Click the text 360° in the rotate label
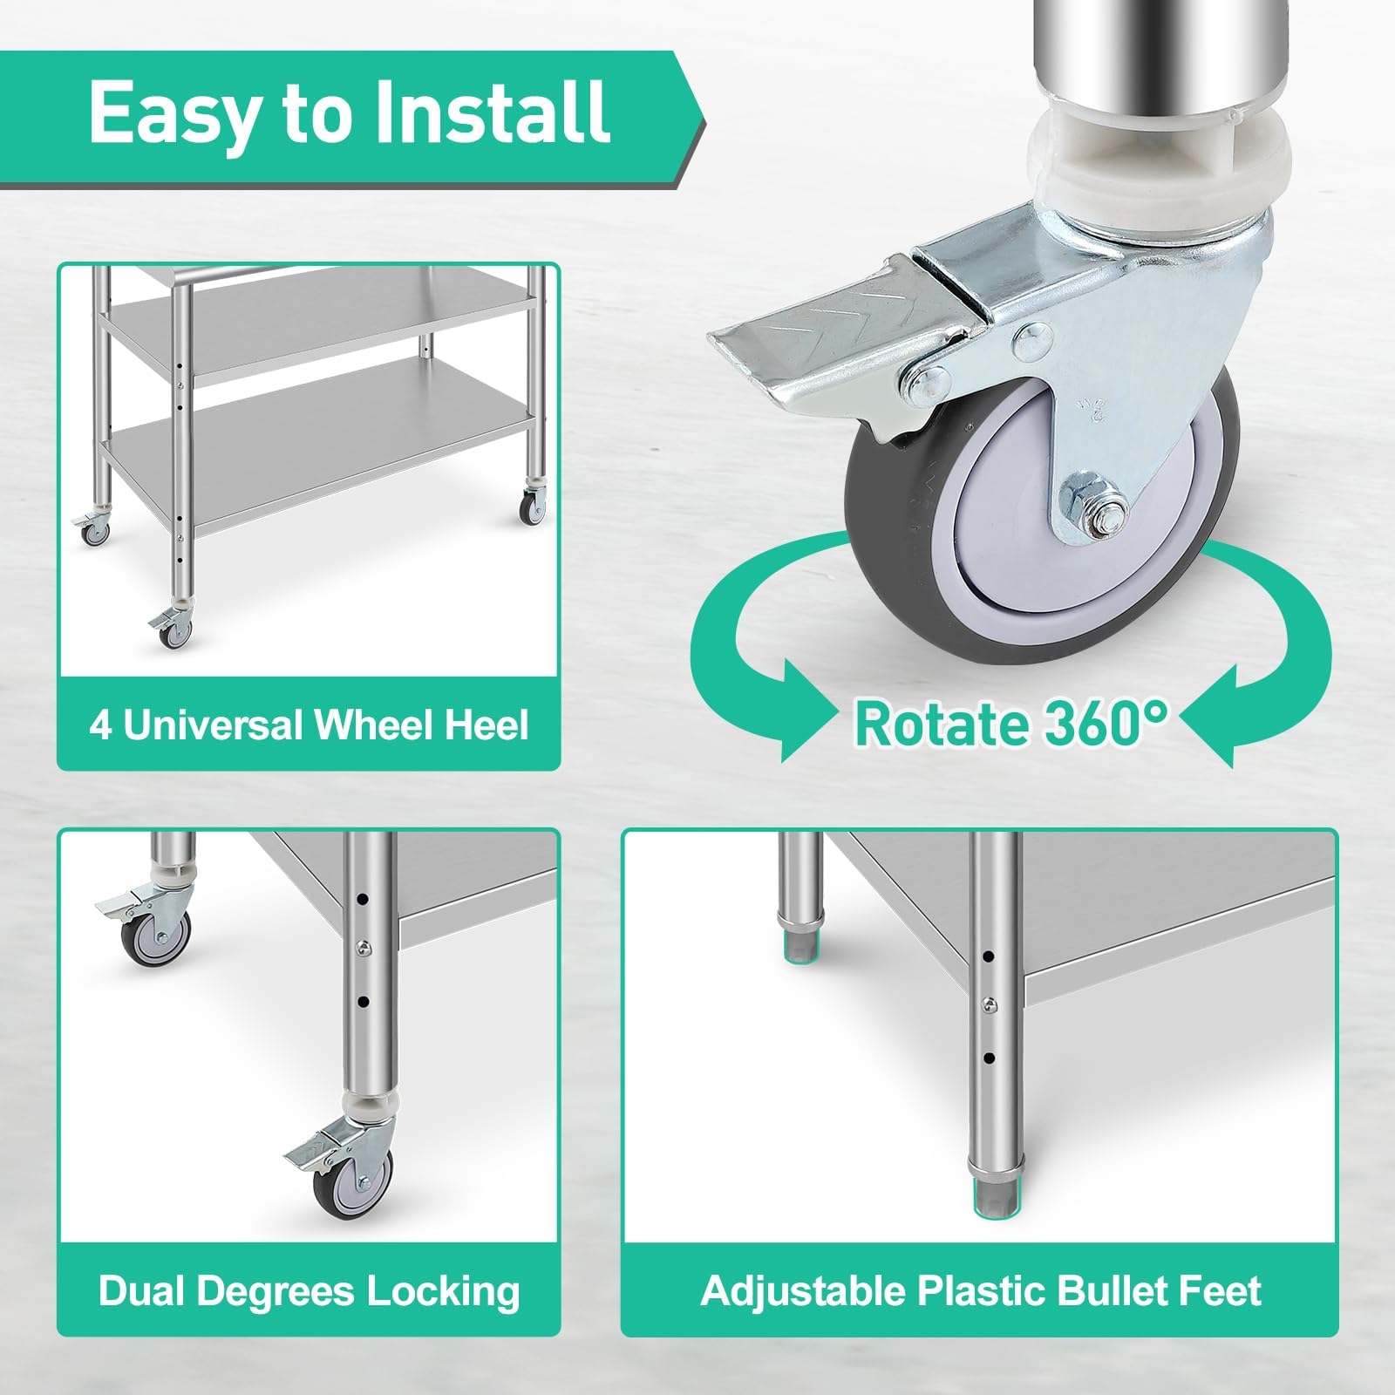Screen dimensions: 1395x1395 [x=1095, y=724]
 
